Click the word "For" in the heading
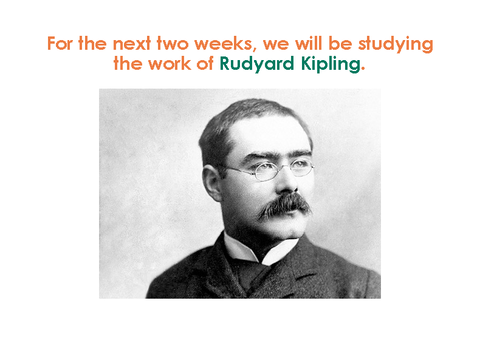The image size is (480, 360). pyautogui.click(x=60, y=43)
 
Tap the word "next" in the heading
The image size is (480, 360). pyautogui.click(x=132, y=43)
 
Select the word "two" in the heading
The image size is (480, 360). pyautogui.click(x=173, y=43)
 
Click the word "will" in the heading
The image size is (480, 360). pyautogui.click(x=308, y=43)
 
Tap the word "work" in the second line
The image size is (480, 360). pyautogui.click(x=170, y=63)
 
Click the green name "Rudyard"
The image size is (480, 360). pyautogui.click(x=257, y=64)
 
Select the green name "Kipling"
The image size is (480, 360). pyautogui.click(x=331, y=64)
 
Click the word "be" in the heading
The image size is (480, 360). pyautogui.click(x=340, y=43)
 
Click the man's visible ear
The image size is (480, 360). pyautogui.click(x=211, y=183)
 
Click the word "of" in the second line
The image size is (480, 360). pyautogui.click(x=205, y=63)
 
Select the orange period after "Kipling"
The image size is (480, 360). pyautogui.click(x=363, y=69)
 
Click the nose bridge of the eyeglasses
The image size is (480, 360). pyautogui.click(x=284, y=166)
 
